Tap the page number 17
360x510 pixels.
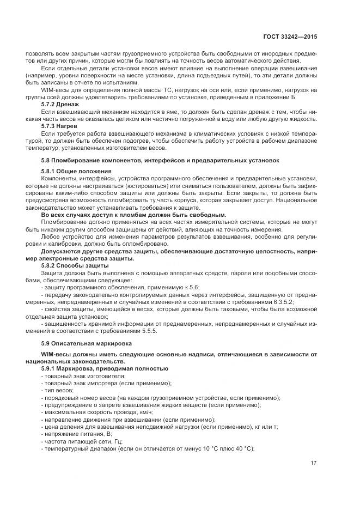(x=314, y=463)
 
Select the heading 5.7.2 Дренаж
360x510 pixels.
(x=60, y=104)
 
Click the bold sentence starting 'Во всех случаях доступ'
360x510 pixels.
(x=133, y=215)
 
